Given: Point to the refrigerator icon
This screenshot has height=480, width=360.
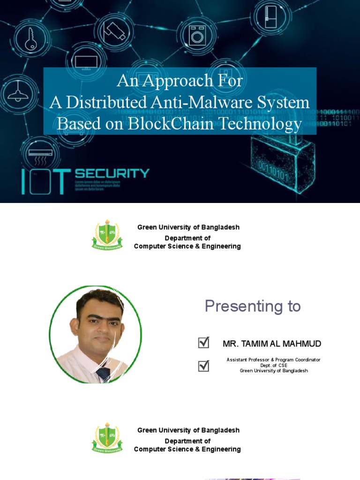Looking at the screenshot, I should coord(271,17).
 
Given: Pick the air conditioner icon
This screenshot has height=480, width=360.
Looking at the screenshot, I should coord(40,155).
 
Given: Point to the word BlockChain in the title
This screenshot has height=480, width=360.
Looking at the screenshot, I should coord(187,123).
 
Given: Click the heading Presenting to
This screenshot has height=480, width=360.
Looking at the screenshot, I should coord(253,306).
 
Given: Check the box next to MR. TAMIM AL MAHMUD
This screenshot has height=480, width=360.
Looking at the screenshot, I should coord(203,343).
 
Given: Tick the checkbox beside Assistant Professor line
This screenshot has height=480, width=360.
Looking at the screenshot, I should coord(203,366).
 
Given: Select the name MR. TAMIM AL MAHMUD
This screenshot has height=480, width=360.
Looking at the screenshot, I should coord(272,344).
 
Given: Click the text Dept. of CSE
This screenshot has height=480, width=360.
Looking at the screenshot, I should coord(274,365).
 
